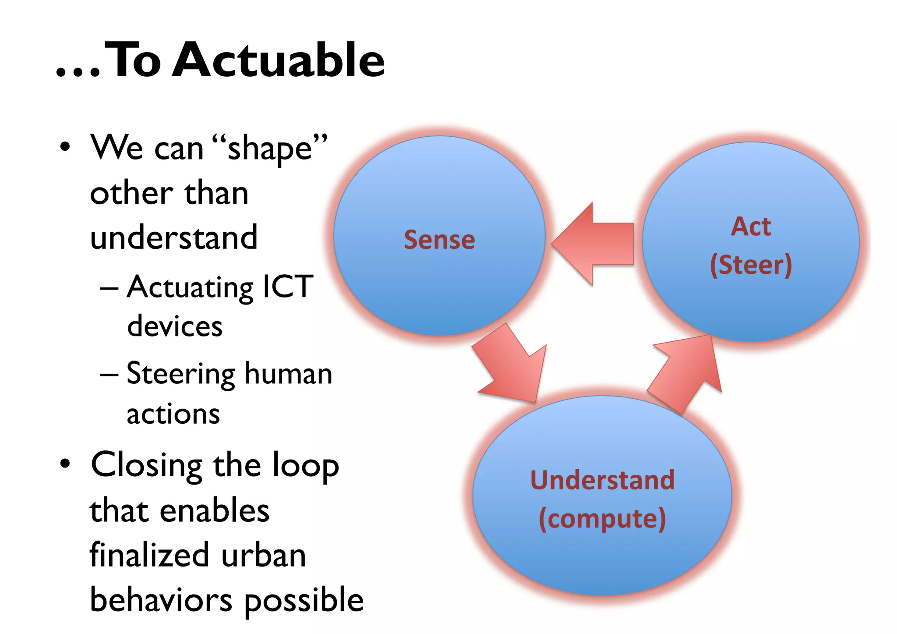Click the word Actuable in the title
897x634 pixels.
279,60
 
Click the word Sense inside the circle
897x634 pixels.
439,240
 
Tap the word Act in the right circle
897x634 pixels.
751,227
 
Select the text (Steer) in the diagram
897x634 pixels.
751,265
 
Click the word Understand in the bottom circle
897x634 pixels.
602,480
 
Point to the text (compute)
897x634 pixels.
602,518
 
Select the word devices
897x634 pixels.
175,326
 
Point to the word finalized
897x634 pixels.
149,555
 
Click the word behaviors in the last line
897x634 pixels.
161,600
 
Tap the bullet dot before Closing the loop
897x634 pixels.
65,464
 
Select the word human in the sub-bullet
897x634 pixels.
288,374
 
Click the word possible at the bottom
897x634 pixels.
304,600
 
